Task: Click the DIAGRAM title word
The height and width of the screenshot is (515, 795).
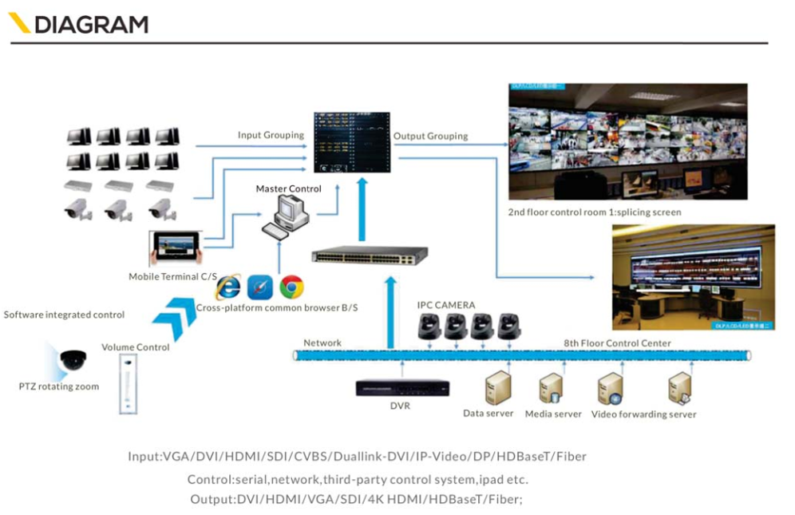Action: pyautogui.click(x=90, y=24)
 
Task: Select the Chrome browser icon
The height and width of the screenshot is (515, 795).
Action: pyautogui.click(x=291, y=287)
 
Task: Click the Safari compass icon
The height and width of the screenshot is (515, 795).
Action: pyautogui.click(x=260, y=287)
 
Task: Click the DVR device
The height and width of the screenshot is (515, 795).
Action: pyautogui.click(x=402, y=387)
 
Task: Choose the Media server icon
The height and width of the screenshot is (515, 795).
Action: pyautogui.click(x=552, y=389)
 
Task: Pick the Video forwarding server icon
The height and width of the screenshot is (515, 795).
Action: pyautogui.click(x=609, y=389)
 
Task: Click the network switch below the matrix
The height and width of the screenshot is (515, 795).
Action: pyautogui.click(x=370, y=256)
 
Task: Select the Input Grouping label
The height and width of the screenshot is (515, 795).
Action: pyautogui.click(x=271, y=135)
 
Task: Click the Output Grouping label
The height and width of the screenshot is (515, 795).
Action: pyautogui.click(x=430, y=136)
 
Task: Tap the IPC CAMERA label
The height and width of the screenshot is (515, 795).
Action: pyautogui.click(x=446, y=305)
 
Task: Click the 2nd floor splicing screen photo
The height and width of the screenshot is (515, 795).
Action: pyautogui.click(x=627, y=141)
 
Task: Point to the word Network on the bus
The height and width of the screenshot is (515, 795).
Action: pyautogui.click(x=322, y=343)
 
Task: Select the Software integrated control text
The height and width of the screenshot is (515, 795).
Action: pyautogui.click(x=64, y=315)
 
